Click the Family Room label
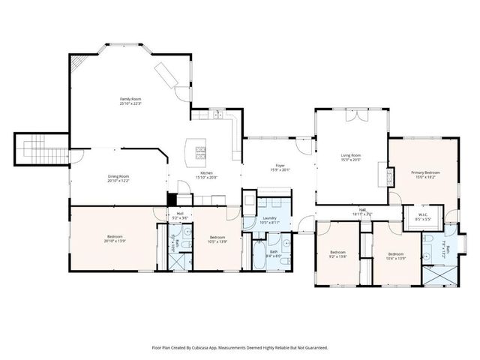click(x=131, y=100)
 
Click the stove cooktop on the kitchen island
click(x=201, y=153)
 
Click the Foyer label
click(x=280, y=166)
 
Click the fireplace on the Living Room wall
click(x=388, y=177)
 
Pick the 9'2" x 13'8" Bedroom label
click(x=337, y=254)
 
